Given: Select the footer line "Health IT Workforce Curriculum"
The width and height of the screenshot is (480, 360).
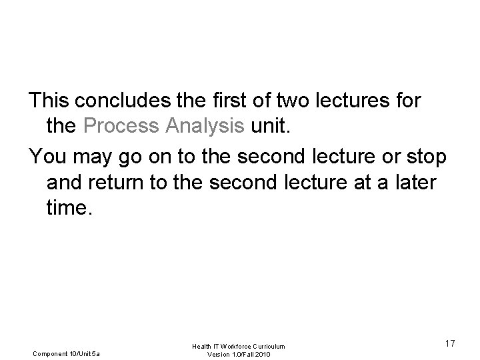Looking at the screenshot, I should tap(239, 346).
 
